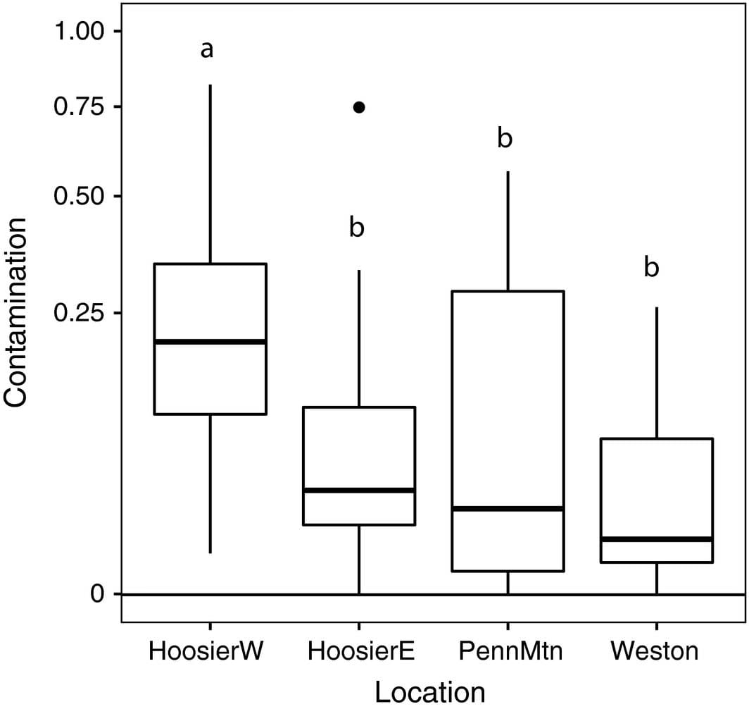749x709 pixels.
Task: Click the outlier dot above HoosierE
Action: coord(359,107)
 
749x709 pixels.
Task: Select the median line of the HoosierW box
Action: coord(210,342)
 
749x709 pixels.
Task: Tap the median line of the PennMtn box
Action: coord(508,508)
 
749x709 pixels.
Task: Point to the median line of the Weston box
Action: coord(657,539)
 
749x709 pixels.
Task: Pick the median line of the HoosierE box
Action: coord(359,490)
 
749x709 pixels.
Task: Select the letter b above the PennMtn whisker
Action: coord(505,138)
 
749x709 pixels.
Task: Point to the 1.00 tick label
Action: coord(79,32)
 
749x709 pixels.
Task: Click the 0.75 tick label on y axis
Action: coord(79,107)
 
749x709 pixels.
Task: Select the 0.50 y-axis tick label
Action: coord(79,196)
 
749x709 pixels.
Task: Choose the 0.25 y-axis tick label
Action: coord(79,312)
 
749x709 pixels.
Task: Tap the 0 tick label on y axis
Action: coord(97,594)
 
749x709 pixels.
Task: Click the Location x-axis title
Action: coord(429,691)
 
